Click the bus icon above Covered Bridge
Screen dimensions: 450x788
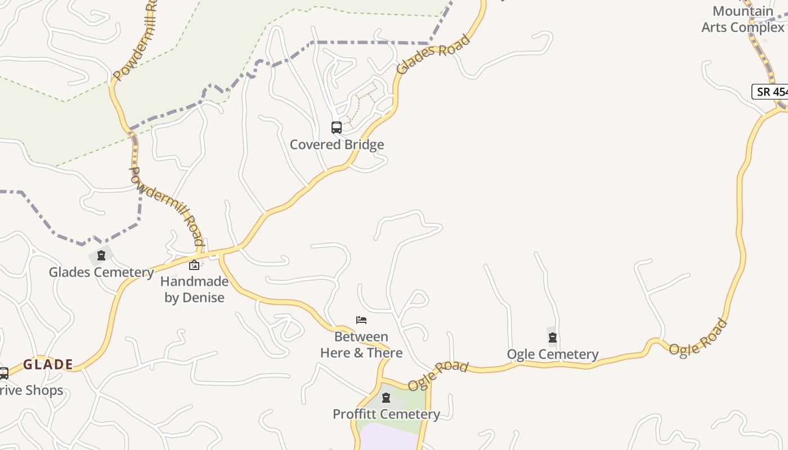[x=337, y=128]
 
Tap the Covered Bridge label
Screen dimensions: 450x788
[x=337, y=145]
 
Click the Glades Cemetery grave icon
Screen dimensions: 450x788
[x=101, y=256]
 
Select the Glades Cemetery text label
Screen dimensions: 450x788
[x=101, y=272]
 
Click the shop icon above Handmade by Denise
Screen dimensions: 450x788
[x=194, y=265]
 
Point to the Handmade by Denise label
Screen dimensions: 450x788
[x=194, y=289]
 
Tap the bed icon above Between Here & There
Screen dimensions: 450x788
[x=361, y=320]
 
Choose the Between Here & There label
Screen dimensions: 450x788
[x=361, y=345]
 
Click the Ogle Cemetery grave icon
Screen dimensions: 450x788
[x=553, y=337]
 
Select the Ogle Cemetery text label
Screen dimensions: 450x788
[x=553, y=354]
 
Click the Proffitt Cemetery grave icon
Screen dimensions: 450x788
[x=386, y=398]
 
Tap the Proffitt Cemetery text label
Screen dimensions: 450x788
[x=386, y=415]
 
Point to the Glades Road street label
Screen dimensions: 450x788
[x=433, y=55]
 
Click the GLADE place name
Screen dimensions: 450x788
[x=48, y=364]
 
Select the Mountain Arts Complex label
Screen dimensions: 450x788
[x=743, y=19]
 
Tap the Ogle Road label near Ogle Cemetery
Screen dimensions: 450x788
[x=438, y=375]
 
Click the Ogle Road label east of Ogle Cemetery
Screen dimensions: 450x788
[x=698, y=337]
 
